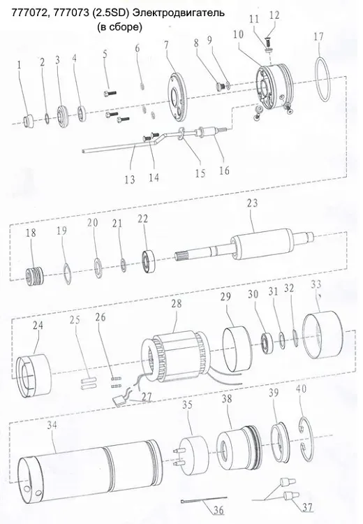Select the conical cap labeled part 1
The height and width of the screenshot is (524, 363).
(x=29, y=122)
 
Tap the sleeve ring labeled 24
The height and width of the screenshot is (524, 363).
(x=34, y=376)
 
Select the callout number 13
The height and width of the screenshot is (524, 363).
(x=130, y=180)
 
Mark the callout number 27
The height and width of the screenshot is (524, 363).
(x=147, y=397)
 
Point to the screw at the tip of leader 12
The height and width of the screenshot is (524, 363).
(x=268, y=43)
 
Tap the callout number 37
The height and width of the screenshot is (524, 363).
(x=307, y=507)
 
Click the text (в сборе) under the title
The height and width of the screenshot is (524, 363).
(x=119, y=27)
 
